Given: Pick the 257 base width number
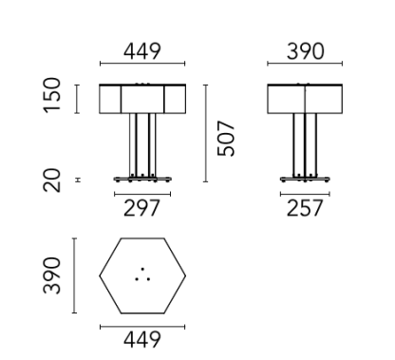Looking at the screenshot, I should coord(305,207).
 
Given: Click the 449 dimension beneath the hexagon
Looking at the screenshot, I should coord(141,338).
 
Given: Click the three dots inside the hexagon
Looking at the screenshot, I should coord(142,275).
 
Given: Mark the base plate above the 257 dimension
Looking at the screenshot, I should coord(305,179).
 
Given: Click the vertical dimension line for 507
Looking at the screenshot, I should coord(208,133).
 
